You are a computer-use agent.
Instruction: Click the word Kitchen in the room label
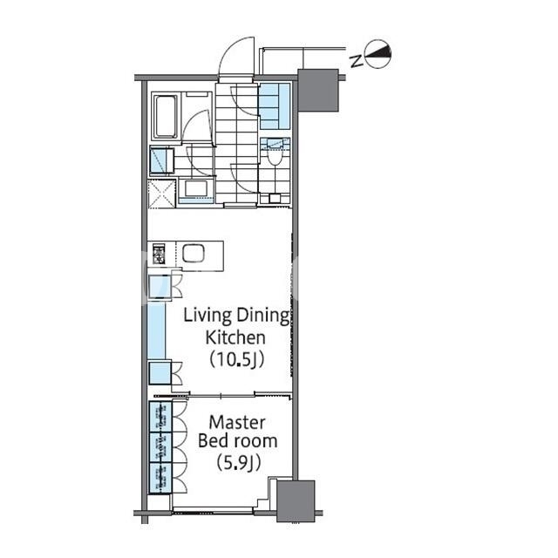[x=235, y=337]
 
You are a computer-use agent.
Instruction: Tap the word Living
[x=208, y=316]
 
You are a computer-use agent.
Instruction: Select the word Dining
[x=263, y=316]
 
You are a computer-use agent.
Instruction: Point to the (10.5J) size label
[x=236, y=360]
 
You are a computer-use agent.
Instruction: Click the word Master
[x=237, y=423]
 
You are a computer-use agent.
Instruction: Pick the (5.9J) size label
[x=239, y=463]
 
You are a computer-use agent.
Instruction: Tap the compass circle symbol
[x=378, y=54]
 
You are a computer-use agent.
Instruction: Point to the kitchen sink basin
[x=194, y=253]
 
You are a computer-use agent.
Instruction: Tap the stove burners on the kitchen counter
[x=159, y=254]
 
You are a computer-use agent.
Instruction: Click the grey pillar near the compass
[x=317, y=90]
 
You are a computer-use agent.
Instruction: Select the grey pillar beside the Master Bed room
[x=296, y=501]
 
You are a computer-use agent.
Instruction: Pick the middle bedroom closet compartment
[x=160, y=447]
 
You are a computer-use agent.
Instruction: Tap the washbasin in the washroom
[x=195, y=189]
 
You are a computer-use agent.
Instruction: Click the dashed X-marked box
[x=162, y=194]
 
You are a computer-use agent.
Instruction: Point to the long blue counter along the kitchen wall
[x=157, y=330]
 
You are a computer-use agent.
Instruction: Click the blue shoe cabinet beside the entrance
[x=275, y=106]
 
